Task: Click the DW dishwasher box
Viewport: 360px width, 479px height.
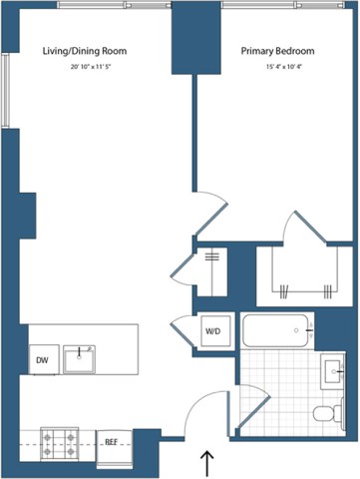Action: tap(42, 361)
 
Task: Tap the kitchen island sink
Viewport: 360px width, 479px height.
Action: tap(79, 358)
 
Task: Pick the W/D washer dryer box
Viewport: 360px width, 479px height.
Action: tap(213, 330)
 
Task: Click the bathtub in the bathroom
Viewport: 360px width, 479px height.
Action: tap(275, 331)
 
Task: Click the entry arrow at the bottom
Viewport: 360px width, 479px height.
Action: tap(207, 462)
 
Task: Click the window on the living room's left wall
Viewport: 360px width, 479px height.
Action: tap(6, 89)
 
